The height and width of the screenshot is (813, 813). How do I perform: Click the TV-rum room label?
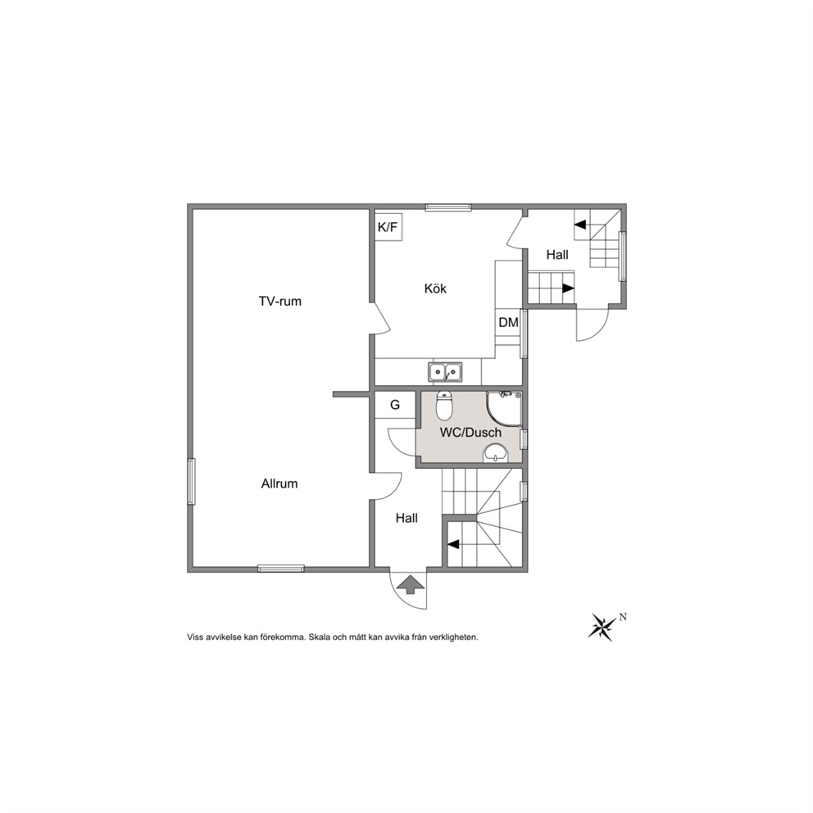coord(280,302)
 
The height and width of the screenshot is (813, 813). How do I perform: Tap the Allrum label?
coord(279,484)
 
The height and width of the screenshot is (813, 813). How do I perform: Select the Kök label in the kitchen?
coord(435,288)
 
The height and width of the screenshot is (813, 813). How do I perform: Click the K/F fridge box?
coord(388,226)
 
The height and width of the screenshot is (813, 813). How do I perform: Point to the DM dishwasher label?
coord(508,323)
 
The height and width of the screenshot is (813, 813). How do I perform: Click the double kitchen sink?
coord(445,372)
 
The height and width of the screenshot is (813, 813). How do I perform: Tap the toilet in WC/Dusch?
coord(444,405)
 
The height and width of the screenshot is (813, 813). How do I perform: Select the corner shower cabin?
coord(503,409)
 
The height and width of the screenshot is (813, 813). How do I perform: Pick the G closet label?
coord(395,405)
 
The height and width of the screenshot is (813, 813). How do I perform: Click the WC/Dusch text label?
coord(470,433)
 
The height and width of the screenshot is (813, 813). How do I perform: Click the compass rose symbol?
coord(602,627)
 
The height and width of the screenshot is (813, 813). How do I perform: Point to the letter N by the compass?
coord(623,617)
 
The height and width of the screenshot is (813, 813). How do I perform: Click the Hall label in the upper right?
coord(557,255)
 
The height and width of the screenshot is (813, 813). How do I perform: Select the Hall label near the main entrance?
coord(406,518)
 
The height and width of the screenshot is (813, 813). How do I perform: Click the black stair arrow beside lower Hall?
coord(453,544)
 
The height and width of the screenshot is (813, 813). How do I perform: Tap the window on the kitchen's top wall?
coord(448,208)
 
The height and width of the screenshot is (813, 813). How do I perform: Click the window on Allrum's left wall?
coord(191,482)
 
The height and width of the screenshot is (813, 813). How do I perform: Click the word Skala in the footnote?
coord(318,638)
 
